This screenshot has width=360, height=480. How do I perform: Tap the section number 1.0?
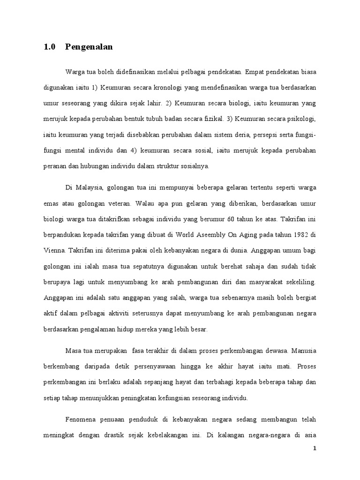pos(50,47)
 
